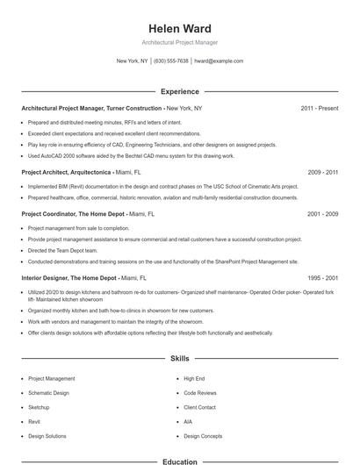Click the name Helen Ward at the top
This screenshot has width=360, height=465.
[x=180, y=28]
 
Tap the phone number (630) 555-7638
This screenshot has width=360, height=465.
[x=171, y=61]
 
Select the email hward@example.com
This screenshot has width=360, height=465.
[x=219, y=61]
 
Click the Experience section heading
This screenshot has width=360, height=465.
[x=180, y=91]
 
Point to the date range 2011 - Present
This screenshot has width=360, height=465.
[x=320, y=108]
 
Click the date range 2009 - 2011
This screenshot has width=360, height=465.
[x=323, y=173]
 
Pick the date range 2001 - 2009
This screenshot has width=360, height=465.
[x=323, y=213]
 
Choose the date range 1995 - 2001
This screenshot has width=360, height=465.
[x=323, y=277]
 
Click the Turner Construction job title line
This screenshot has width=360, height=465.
[x=112, y=108]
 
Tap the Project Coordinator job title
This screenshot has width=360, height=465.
[x=88, y=213]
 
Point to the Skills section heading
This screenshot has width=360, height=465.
[x=180, y=359]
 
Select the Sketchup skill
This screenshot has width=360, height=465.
[x=39, y=408]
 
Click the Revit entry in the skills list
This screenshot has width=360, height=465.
[x=34, y=422]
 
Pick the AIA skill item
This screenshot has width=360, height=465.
[x=188, y=422]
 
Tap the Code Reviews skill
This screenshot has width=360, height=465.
[x=200, y=393]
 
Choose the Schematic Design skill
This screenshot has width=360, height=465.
[x=48, y=393]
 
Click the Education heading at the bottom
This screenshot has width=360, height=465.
[x=180, y=461]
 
